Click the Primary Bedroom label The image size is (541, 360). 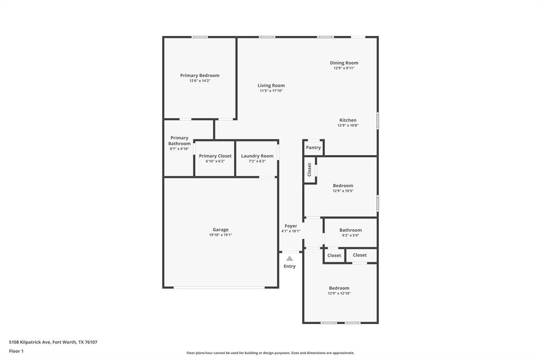[200, 75]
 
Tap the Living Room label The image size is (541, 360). [271, 86]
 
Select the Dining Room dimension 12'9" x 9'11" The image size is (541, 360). [344, 68]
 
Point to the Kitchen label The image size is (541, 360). [348, 120]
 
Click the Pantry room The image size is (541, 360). [313, 148]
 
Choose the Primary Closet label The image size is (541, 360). [215, 156]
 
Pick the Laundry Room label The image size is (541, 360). [257, 156]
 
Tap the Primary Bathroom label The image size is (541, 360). [179, 141]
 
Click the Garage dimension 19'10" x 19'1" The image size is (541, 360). [220, 235]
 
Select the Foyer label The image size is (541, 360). [291, 226]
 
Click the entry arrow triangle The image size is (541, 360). [290, 259]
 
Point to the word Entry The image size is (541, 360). [290, 267]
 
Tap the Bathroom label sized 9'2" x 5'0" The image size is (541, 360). [350, 230]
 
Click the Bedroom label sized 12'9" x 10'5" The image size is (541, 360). [343, 186]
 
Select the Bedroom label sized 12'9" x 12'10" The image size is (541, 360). [339, 288]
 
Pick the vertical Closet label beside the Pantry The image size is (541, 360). [310, 169]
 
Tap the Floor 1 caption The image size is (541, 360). [16, 351]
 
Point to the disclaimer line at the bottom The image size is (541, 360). [270, 353]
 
